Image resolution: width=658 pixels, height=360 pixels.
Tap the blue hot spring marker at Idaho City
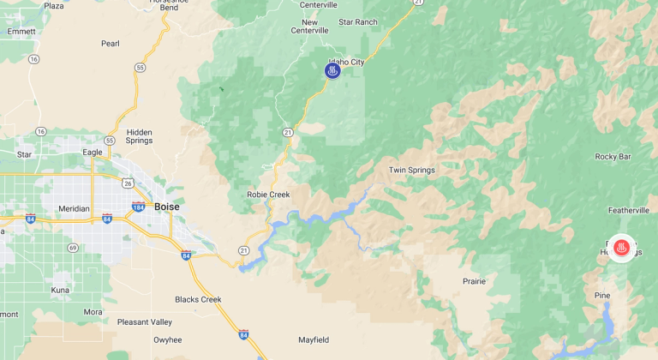click(332, 70)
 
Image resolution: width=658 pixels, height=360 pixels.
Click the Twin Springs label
click(412, 170)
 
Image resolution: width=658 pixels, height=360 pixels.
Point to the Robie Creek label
click(268, 195)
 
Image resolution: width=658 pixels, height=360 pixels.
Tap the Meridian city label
click(75, 208)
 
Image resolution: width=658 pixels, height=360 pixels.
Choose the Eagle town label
click(93, 152)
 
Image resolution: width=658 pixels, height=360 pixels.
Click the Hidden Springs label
click(139, 137)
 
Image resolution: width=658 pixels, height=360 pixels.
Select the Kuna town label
click(59, 291)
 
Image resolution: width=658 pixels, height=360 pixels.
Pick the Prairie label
click(473, 281)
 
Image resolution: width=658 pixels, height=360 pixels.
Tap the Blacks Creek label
click(198, 299)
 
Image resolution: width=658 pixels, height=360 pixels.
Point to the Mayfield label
click(314, 340)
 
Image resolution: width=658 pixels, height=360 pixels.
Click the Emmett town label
click(21, 31)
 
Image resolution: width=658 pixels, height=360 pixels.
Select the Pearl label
click(110, 43)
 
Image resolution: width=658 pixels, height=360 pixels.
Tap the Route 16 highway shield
click(33, 59)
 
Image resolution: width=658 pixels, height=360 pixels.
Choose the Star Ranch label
click(358, 21)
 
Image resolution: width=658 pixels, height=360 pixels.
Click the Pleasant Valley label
click(144, 322)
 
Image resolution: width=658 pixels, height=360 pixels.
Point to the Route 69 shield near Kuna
click(73, 248)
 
